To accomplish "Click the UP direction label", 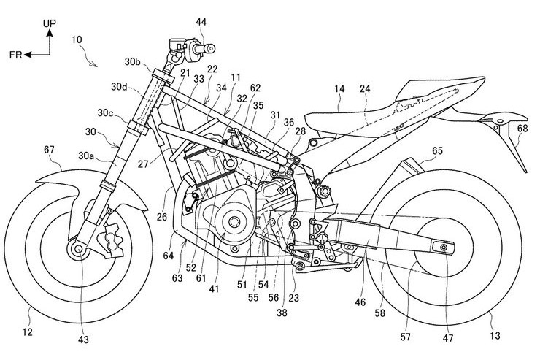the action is click(x=50, y=23).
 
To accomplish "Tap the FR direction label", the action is click(x=16, y=55).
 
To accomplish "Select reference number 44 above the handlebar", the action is click(x=201, y=22).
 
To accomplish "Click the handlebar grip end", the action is click(x=209, y=49).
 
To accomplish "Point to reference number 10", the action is click(x=77, y=39).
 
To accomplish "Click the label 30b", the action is click(x=133, y=61).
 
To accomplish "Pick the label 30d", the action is click(x=119, y=86).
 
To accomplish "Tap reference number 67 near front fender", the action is click(x=49, y=150).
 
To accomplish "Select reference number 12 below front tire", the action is click(x=28, y=332).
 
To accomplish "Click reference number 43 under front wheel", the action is click(x=83, y=340).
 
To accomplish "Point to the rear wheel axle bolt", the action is click(x=443, y=247).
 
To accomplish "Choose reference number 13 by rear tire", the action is click(x=495, y=335).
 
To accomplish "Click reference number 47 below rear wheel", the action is click(x=448, y=338).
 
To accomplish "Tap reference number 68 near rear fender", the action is click(x=522, y=129).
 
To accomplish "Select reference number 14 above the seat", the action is click(x=339, y=89).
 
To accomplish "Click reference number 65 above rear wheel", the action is click(x=437, y=151).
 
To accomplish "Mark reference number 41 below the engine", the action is click(x=214, y=289).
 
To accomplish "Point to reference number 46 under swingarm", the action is click(x=360, y=302).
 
